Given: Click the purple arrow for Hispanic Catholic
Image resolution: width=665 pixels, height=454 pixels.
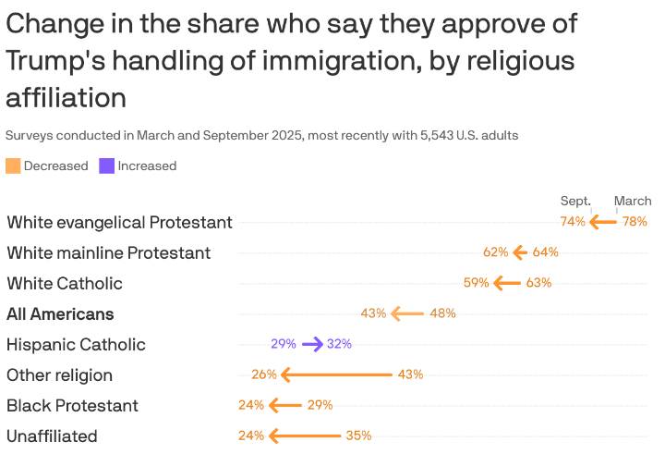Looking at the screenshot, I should pyautogui.click(x=312, y=344).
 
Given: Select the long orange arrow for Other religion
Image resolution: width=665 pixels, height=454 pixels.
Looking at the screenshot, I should pyautogui.click(x=336, y=374).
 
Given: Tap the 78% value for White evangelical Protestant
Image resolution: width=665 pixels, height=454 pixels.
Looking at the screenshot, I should pyautogui.click(x=635, y=222).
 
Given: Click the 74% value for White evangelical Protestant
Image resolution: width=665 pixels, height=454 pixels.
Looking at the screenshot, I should pyautogui.click(x=573, y=222).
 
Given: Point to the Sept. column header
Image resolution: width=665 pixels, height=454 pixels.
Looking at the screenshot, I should pyautogui.click(x=575, y=201).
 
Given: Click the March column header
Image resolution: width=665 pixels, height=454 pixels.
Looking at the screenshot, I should pyautogui.click(x=633, y=201).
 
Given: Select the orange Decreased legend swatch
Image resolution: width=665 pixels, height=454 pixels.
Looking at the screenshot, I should pyautogui.click(x=13, y=166).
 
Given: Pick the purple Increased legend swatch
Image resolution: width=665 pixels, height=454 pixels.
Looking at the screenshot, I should pyautogui.click(x=107, y=166).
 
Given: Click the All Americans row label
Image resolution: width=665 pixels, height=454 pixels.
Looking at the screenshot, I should pyautogui.click(x=60, y=313).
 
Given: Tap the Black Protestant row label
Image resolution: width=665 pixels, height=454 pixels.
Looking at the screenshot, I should pyautogui.click(x=72, y=405).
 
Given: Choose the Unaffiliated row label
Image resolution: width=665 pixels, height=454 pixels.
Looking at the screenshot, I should pyautogui.click(x=52, y=436).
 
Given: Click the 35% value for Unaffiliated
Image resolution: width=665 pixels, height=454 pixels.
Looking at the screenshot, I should pyautogui.click(x=358, y=436).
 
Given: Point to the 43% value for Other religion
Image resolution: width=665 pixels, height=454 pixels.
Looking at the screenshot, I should pyautogui.click(x=410, y=374).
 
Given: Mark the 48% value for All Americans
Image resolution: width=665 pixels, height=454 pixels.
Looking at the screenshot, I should pyautogui.click(x=443, y=313).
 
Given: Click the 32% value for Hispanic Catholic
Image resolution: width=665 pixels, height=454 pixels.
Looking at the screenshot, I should pyautogui.click(x=339, y=344).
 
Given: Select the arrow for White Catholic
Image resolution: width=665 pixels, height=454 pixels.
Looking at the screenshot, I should pyautogui.click(x=507, y=283).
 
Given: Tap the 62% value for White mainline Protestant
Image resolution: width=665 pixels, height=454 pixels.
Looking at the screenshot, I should pyautogui.click(x=496, y=252).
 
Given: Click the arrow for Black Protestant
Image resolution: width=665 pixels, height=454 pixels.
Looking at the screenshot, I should pyautogui.click(x=285, y=405).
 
